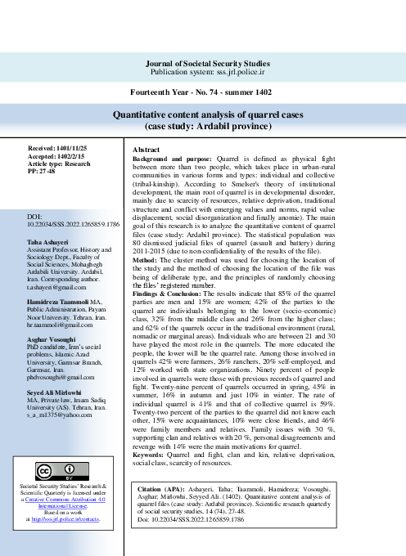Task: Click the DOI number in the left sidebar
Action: coord(73,222)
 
